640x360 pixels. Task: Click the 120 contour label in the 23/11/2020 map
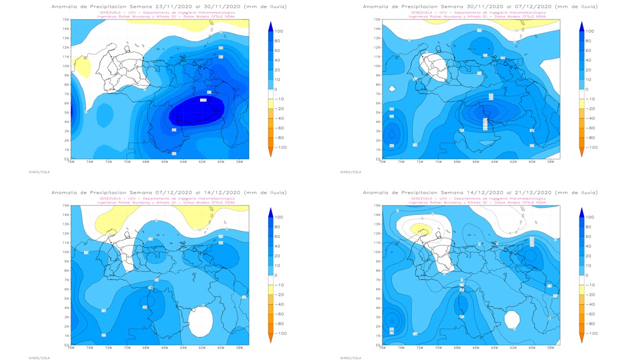(x=203, y=100)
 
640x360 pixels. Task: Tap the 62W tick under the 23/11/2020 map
(x=202, y=162)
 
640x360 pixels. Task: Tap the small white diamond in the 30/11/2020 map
(x=392, y=88)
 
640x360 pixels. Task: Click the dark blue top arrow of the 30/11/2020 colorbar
(x=581, y=26)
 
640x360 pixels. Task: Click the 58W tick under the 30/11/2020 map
(x=550, y=162)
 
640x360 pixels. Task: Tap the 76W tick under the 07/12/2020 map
(x=71, y=348)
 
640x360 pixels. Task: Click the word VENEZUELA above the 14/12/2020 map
(x=421, y=198)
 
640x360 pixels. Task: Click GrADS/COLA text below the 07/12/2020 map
(x=39, y=357)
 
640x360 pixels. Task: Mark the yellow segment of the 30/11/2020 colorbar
(x=581, y=103)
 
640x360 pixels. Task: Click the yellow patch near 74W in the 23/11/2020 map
(x=81, y=66)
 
